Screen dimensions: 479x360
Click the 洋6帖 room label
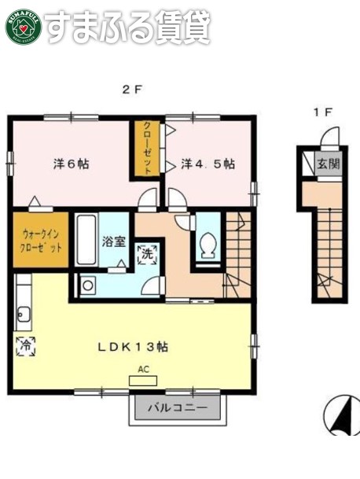tap(71, 164)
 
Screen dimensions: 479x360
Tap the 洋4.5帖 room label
tap(208, 164)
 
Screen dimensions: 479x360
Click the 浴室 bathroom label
tap(114, 241)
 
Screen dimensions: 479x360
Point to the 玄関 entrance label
tap(329, 164)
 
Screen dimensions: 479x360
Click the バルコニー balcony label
tap(178, 409)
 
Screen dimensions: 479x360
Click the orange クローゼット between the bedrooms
tap(147, 147)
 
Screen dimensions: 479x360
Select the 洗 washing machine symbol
tap(147, 253)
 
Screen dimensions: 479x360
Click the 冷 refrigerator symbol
tap(24, 345)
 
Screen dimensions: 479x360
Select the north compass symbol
tap(342, 415)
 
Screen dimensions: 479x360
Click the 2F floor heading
tap(131, 89)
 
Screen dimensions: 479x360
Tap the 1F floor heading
tap(322, 112)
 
